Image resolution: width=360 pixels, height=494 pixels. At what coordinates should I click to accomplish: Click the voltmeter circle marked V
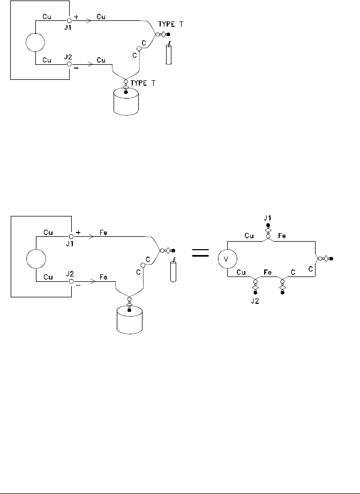point(227,260)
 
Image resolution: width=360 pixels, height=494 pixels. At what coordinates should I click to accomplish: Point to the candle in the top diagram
point(169,54)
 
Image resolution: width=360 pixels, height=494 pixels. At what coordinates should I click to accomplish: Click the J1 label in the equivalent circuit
point(268,218)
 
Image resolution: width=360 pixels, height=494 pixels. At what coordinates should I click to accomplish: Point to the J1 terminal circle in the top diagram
point(69,20)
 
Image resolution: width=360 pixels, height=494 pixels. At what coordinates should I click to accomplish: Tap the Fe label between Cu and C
point(268,273)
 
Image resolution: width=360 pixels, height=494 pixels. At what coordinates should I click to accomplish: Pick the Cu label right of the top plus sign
point(101,17)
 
